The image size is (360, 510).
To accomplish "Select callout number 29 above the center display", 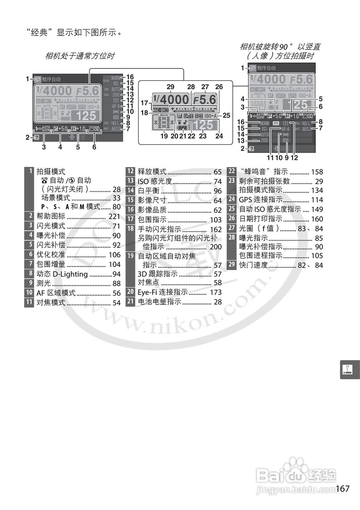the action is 171,87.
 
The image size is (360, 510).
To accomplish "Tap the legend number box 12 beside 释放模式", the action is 130,172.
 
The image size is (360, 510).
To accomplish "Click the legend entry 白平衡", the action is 148,191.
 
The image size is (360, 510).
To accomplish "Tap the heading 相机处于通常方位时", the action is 80,56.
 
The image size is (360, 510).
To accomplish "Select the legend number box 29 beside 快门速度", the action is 231,265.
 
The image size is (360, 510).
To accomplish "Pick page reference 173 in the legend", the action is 216,292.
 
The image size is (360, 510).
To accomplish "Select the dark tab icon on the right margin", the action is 349,370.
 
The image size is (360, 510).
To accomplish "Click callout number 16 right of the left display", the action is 130,77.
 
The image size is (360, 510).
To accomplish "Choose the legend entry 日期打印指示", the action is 261,219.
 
